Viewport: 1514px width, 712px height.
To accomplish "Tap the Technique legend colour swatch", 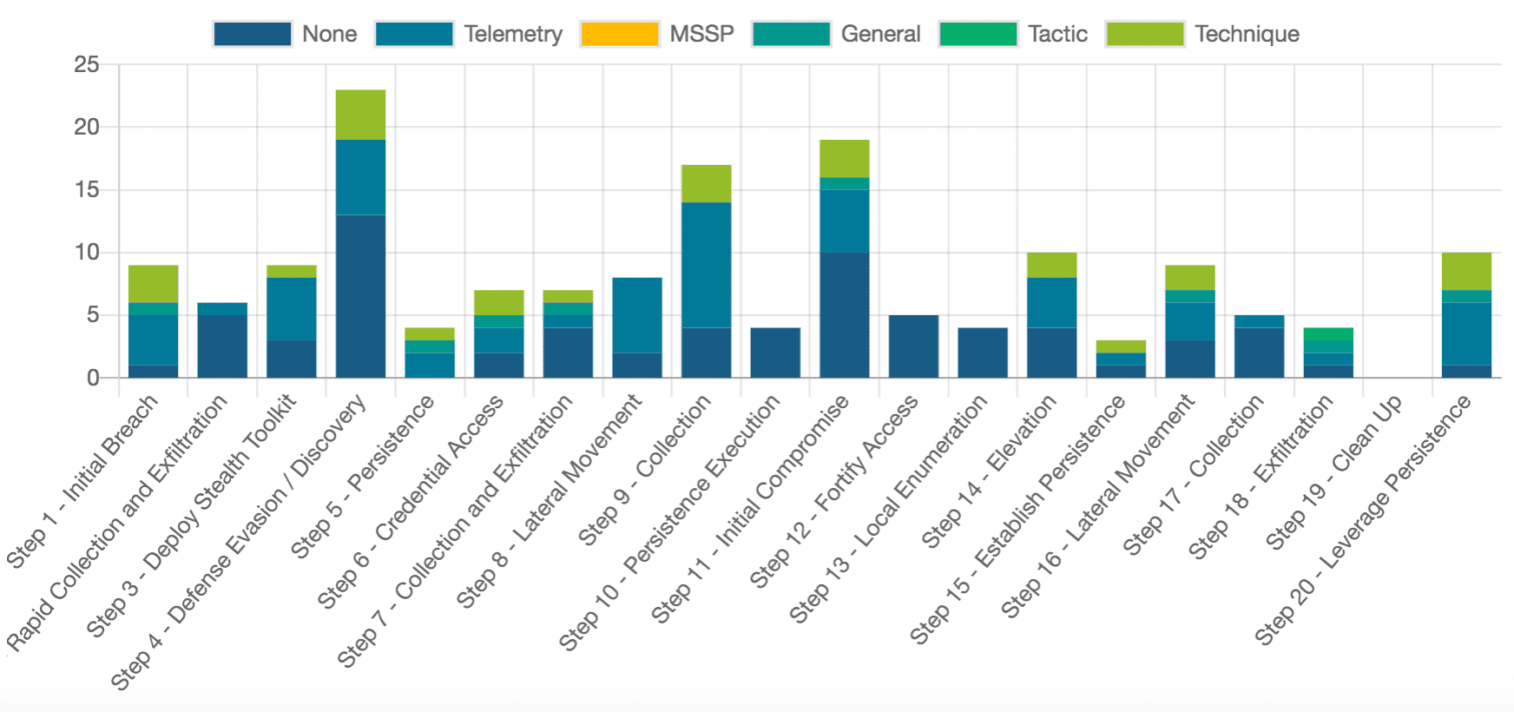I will [1144, 34].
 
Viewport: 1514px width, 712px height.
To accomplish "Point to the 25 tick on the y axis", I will [87, 64].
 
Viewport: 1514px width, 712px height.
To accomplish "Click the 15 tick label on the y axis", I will [87, 189].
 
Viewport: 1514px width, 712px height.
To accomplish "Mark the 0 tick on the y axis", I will [92, 378].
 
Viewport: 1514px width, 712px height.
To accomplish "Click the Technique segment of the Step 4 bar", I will [360, 115].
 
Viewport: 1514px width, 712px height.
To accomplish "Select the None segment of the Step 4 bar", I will [360, 296].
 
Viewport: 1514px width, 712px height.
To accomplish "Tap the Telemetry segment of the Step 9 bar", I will [706, 265].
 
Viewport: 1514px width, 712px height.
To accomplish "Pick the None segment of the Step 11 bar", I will [844, 314].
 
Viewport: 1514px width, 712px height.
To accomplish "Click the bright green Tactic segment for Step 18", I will [1328, 334].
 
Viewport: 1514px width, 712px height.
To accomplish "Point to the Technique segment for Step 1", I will [153, 284].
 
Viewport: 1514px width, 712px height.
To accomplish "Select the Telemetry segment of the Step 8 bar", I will [637, 315].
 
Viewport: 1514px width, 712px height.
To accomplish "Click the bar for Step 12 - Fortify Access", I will [913, 346].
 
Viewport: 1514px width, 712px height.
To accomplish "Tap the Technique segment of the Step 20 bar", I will [1466, 271].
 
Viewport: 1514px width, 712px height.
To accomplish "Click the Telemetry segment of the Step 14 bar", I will [1051, 302].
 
